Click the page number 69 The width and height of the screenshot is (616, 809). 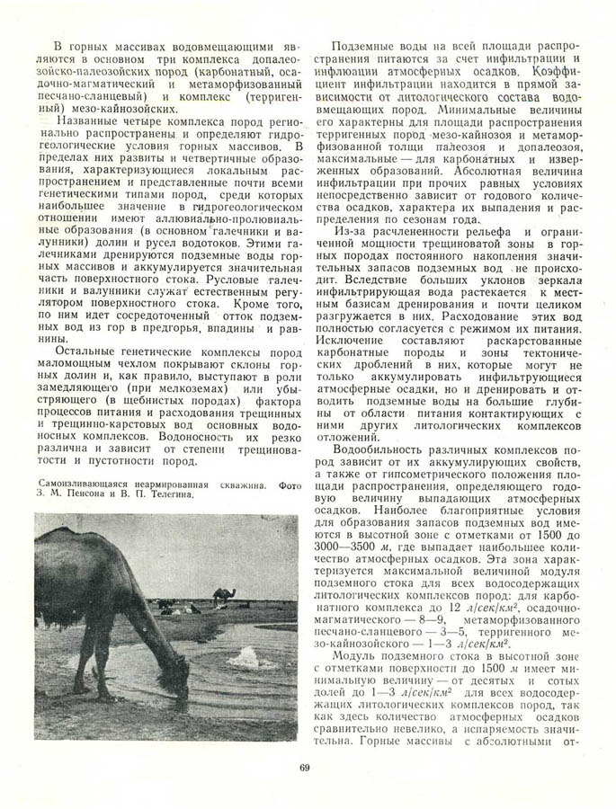(x=306, y=767)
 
